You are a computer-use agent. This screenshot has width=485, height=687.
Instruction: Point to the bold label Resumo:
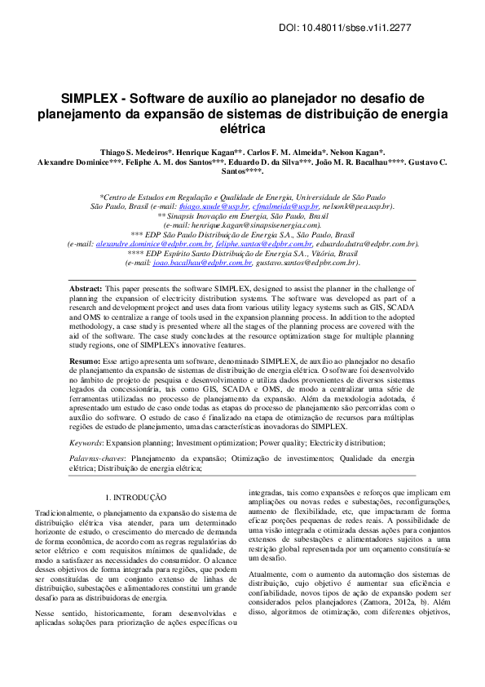click(x=85, y=360)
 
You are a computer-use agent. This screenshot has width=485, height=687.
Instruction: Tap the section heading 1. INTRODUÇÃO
click(x=136, y=497)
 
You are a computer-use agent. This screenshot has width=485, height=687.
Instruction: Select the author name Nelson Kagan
click(x=361, y=153)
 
